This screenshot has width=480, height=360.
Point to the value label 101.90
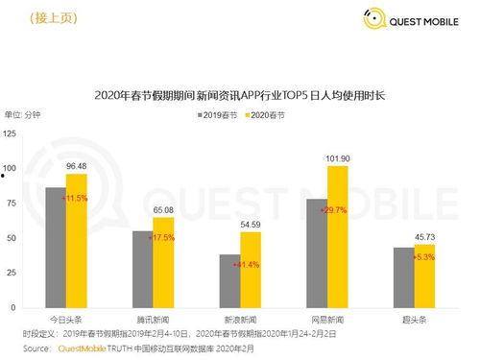pyautogui.click(x=338, y=158)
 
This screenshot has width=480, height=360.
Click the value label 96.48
pyautogui.click(x=76, y=166)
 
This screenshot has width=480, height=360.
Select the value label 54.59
pyautogui.click(x=250, y=224)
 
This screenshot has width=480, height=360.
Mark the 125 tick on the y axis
pyautogui.click(x=11, y=134)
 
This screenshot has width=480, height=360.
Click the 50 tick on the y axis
pyautogui.click(x=11, y=237)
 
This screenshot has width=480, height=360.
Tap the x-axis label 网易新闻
pyautogui.click(x=327, y=318)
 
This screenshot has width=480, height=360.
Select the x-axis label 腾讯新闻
pyautogui.click(x=153, y=318)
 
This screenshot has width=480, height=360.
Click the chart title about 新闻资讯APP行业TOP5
pyautogui.click(x=240, y=95)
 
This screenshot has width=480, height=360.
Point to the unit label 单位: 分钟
pyautogui.click(x=26, y=115)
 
